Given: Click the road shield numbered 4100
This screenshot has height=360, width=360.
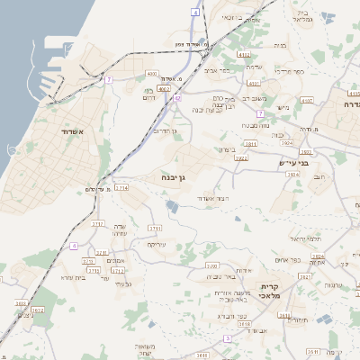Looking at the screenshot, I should (x=151, y=73).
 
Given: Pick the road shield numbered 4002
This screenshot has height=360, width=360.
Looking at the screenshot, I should (x=164, y=89).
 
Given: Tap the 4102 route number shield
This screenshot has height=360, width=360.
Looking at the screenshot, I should (x=244, y=55).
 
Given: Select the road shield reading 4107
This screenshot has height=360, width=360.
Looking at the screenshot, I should (x=354, y=92).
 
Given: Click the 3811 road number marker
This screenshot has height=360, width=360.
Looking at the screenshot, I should (x=250, y=143).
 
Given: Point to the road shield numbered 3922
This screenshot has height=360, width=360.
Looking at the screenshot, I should (x=240, y=158).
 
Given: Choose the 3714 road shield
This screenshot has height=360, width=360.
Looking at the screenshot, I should (x=121, y=188).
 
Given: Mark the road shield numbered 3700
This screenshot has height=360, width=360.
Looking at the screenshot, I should (x=211, y=266).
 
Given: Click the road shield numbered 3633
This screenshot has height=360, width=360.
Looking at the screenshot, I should (x=21, y=305).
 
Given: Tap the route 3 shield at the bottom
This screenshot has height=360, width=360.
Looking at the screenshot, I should (x=228, y=338).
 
